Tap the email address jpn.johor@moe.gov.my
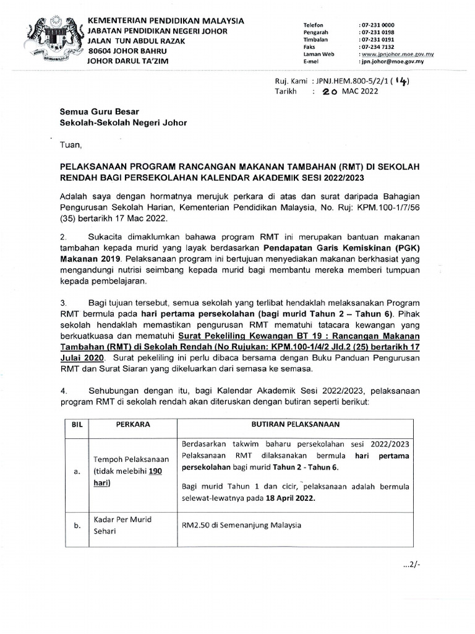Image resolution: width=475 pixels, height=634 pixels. pyautogui.click(x=392, y=62)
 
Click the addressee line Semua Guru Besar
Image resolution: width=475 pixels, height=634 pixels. pyautogui.click(x=95, y=113)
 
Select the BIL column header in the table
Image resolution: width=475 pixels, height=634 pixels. pyautogui.click(x=77, y=425)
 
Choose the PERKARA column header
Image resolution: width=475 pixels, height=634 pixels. pyautogui.click(x=134, y=425)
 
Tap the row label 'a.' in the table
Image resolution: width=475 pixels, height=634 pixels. pyautogui.click(x=77, y=471)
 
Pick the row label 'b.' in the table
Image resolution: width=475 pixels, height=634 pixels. pyautogui.click(x=77, y=526)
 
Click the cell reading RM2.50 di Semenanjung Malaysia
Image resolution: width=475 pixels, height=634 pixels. pyautogui.click(x=241, y=525)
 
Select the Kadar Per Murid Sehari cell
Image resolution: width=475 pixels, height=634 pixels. pyautogui.click(x=122, y=525)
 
